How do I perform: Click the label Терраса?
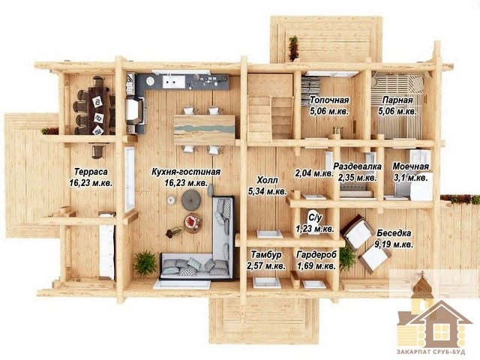click(x=91, y=172)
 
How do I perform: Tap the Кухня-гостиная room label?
click(x=186, y=172)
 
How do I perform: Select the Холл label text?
click(x=268, y=180)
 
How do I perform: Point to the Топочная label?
click(x=329, y=100)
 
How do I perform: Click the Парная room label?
click(x=397, y=100)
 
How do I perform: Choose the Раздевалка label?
click(x=357, y=166)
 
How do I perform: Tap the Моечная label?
click(x=411, y=166)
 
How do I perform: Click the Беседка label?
click(x=394, y=233)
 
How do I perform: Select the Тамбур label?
click(x=266, y=254)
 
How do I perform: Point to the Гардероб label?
click(x=316, y=254)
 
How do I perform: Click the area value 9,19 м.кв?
click(x=394, y=244)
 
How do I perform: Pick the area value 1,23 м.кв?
click(x=315, y=229)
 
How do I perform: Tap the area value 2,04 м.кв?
click(x=314, y=173)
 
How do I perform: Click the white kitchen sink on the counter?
click(x=173, y=82)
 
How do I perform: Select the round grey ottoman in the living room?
click(x=191, y=200)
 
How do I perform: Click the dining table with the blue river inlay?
click(x=205, y=130)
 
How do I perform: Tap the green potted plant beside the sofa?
click(x=145, y=263)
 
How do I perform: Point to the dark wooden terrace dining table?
click(x=99, y=110)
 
